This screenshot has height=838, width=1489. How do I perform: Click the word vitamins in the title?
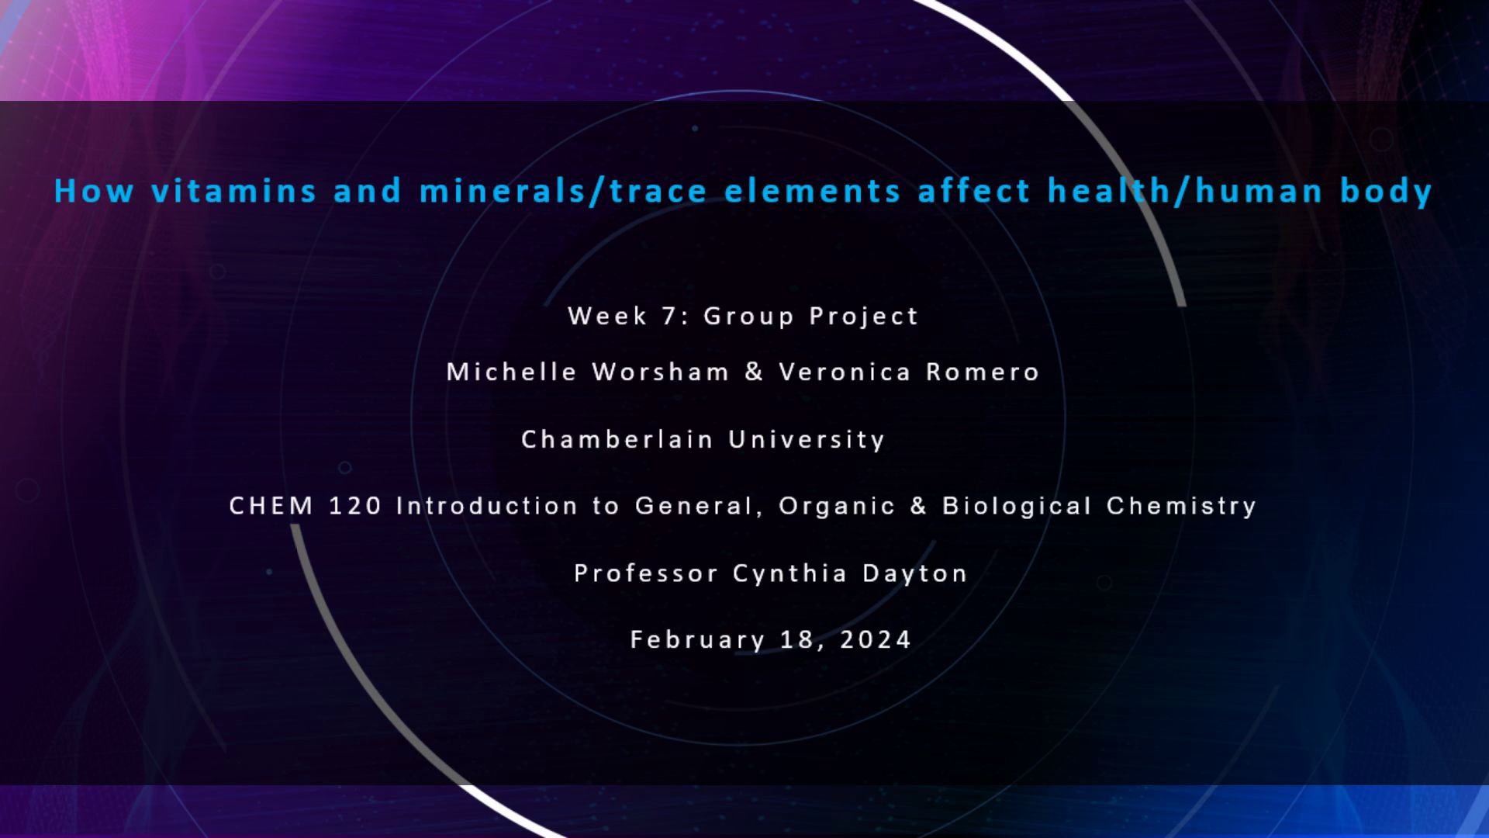[233, 191]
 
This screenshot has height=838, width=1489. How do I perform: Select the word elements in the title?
[812, 191]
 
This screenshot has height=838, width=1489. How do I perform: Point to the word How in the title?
[94, 191]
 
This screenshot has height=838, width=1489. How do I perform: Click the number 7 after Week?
[668, 316]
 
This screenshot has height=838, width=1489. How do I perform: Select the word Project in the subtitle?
[864, 317]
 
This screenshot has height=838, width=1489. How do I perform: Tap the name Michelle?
[512, 372]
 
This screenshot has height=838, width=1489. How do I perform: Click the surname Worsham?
[661, 372]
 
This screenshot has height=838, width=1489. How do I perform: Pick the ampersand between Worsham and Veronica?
[754, 372]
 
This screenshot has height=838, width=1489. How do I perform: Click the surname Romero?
[983, 372]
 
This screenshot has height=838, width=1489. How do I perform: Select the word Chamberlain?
[617, 439]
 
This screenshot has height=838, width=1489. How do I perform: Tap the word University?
[807, 440]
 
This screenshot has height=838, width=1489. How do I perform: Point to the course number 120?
[355, 506]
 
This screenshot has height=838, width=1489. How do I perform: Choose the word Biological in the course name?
[1017, 507]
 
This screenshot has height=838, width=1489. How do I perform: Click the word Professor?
[646, 573]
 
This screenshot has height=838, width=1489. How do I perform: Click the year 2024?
[876, 639]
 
